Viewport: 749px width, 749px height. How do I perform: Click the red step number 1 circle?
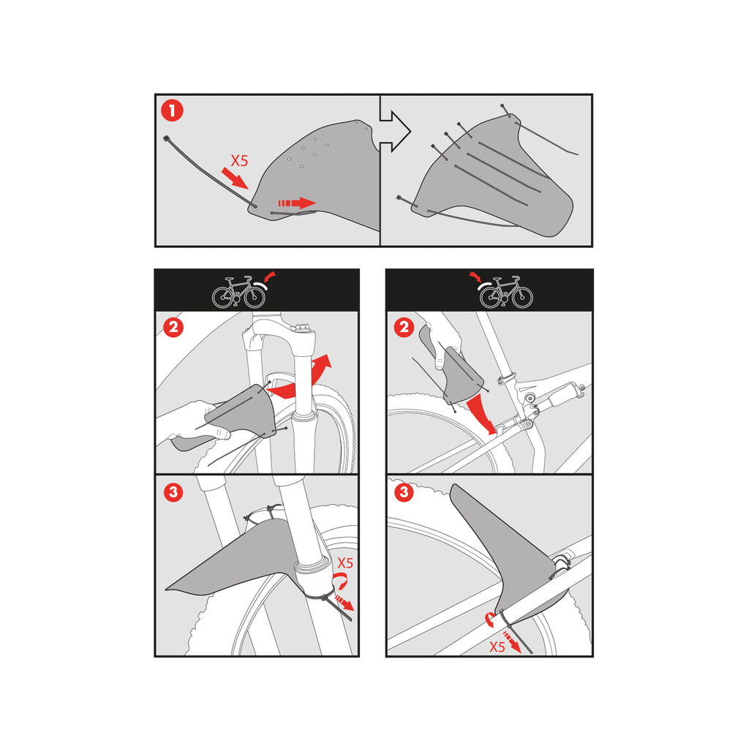172,110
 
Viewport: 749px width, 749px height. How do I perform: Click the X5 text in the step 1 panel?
239,160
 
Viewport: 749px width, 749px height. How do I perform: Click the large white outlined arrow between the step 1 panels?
395,132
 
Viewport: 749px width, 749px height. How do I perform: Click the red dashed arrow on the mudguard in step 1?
297,203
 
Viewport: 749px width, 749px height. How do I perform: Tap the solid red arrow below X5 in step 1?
235,178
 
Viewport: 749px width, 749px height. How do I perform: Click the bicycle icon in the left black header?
238,292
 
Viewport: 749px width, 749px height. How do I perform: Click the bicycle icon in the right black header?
506,292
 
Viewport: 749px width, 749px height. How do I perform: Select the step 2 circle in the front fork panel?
173,328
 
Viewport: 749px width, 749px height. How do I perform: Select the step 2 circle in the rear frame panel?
404,328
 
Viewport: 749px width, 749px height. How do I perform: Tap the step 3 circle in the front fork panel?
173,492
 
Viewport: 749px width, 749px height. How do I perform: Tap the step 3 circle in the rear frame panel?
404,492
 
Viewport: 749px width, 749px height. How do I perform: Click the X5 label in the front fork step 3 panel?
345,562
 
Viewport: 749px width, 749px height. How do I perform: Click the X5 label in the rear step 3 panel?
497,647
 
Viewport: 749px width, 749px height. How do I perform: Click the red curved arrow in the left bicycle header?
270,276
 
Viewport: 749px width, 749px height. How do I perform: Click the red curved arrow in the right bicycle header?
475,276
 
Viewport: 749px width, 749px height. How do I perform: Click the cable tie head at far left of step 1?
166,138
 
